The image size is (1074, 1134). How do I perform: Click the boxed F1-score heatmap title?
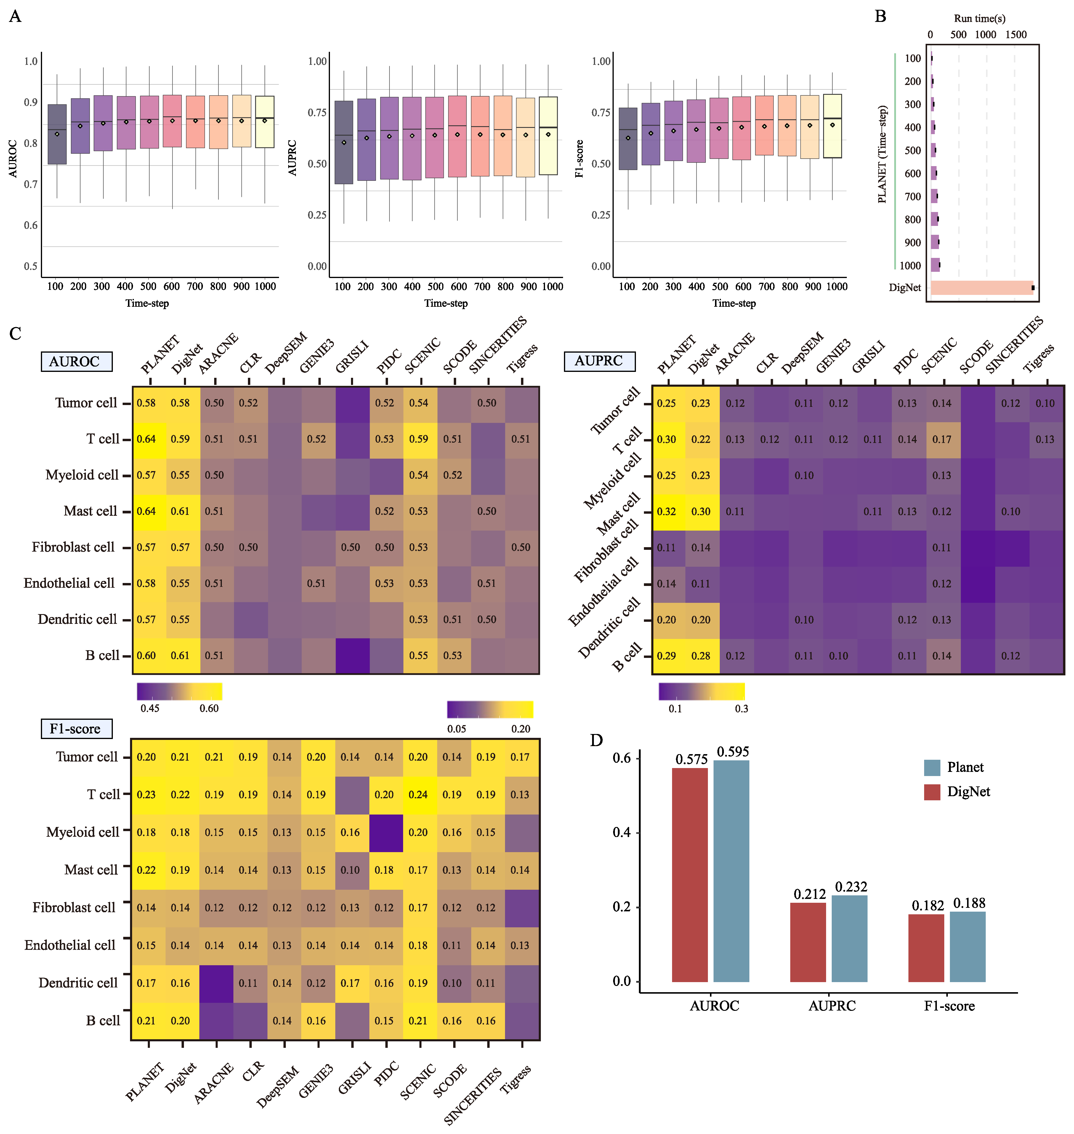point(76,728)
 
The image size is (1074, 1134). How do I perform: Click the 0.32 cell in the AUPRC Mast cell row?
point(666,512)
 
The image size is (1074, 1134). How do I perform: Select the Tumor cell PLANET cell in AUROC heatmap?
point(147,403)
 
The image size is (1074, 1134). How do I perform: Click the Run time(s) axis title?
point(980,18)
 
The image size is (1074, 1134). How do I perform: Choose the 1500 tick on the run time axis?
point(1016,34)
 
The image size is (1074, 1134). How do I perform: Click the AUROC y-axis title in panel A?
point(13,158)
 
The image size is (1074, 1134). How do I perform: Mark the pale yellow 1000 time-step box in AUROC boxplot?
point(265,122)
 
